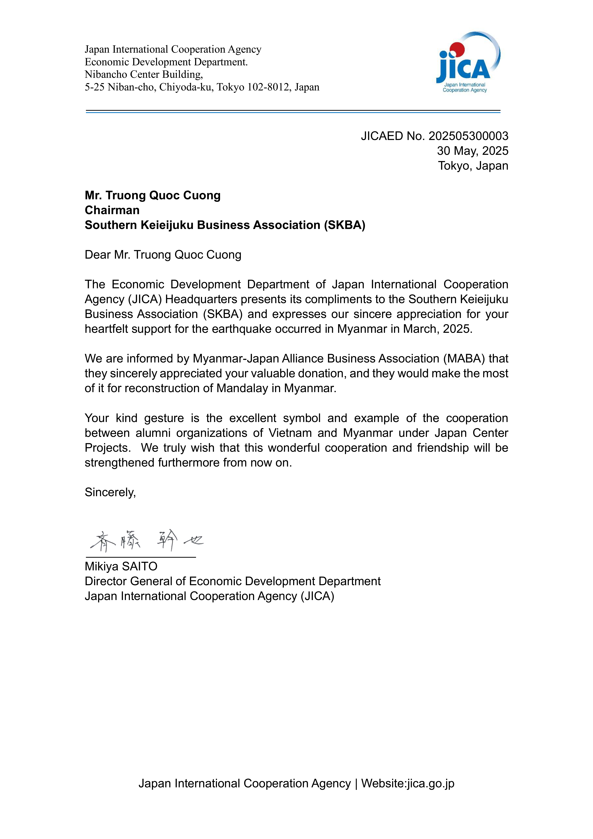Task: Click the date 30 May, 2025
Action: (x=472, y=151)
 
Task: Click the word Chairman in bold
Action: (x=112, y=210)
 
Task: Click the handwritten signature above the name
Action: (x=146, y=541)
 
